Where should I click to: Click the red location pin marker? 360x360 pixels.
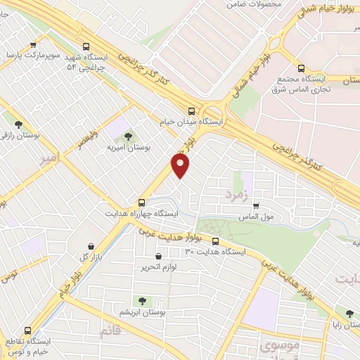[181, 167]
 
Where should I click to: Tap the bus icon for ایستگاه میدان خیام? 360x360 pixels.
[192, 110]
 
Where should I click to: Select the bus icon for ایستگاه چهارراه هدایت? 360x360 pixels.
[142, 200]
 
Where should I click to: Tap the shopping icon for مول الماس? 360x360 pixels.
[256, 206]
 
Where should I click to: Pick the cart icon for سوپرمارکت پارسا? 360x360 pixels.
[32, 43]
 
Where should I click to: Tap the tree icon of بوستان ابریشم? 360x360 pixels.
[143, 300]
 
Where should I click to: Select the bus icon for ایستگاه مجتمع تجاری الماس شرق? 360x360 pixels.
[302, 69]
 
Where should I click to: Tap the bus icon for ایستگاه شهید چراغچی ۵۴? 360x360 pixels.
[86, 44]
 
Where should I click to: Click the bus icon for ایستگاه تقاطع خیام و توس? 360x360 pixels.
[28, 330]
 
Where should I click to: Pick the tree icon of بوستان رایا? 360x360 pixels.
[349, 312]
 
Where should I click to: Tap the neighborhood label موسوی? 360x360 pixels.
[259, 345]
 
